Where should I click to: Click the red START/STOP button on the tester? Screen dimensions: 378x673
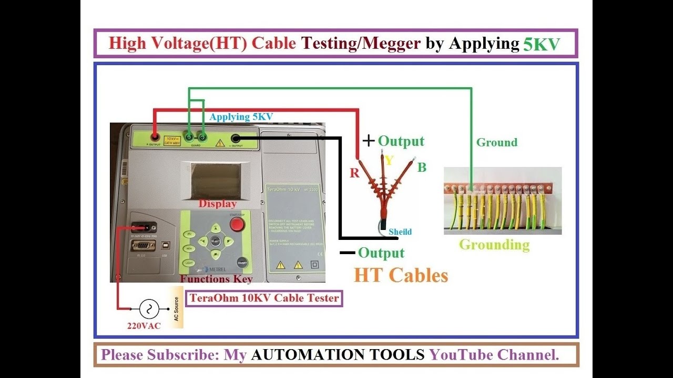tap(237, 225)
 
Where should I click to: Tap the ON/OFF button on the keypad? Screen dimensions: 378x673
tap(242, 262)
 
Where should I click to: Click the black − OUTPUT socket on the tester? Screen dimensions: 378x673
tap(235, 139)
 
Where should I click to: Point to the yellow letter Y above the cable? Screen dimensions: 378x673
tap(389, 161)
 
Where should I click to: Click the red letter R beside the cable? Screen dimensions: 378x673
tap(354, 173)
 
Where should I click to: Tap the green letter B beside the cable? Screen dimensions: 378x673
tap(422, 168)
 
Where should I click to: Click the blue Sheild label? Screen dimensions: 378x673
tap(400, 232)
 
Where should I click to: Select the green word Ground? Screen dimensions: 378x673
tap(496, 142)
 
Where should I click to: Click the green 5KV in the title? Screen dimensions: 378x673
tap(542, 44)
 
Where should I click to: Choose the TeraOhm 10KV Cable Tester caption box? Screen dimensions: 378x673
tap(264, 298)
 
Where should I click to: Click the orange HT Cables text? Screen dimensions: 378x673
tap(401, 275)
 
